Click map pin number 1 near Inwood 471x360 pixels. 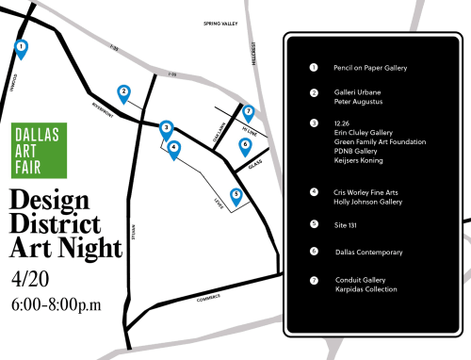click(x=21, y=46)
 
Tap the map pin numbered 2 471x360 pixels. click(x=123, y=92)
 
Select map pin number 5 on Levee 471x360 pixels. click(x=236, y=195)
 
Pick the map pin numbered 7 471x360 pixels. click(x=249, y=113)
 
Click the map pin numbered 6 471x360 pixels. click(x=245, y=145)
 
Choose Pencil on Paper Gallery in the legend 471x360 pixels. click(x=370, y=68)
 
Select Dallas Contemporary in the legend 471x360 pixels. click(x=369, y=252)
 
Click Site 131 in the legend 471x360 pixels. click(x=347, y=223)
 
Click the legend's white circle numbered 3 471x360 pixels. click(x=314, y=123)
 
